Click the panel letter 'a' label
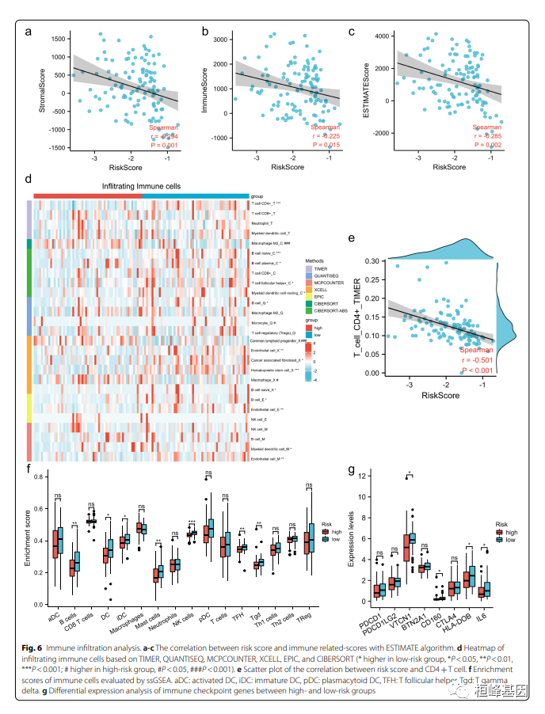pos(29,32)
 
